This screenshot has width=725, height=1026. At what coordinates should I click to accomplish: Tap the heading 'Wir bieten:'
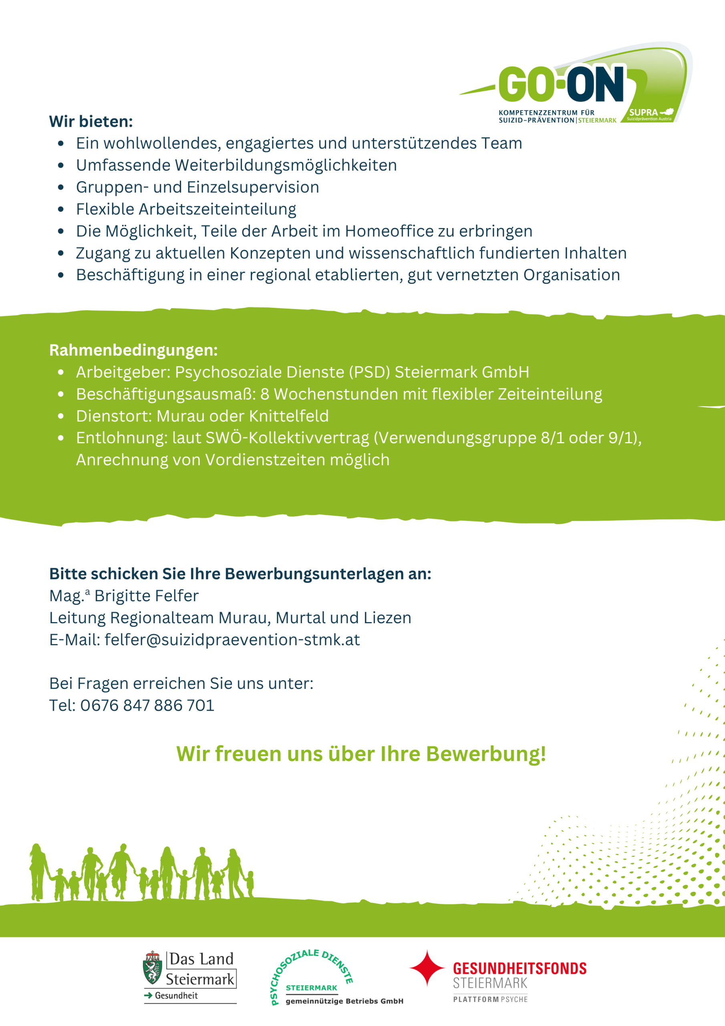91,121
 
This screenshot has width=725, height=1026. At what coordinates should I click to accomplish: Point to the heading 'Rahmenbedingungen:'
133,350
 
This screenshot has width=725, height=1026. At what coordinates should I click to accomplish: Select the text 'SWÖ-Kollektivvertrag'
287,438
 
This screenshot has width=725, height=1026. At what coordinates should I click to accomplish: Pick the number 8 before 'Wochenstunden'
265,394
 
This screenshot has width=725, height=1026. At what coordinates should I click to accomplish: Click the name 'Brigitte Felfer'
146,596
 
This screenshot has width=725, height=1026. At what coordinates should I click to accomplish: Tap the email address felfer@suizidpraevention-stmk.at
232,640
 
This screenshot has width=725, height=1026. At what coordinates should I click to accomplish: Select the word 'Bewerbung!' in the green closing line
486,754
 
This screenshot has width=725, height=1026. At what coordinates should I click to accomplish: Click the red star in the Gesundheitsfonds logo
427,967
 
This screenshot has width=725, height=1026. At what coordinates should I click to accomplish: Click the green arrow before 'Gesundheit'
148,996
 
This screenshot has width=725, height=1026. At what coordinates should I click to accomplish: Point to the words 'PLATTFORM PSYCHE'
490,999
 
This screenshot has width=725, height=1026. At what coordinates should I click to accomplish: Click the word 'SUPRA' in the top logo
643,113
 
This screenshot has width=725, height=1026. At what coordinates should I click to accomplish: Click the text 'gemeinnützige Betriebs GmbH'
344,1001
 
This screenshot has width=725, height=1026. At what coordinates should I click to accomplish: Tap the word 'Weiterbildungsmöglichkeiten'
286,166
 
